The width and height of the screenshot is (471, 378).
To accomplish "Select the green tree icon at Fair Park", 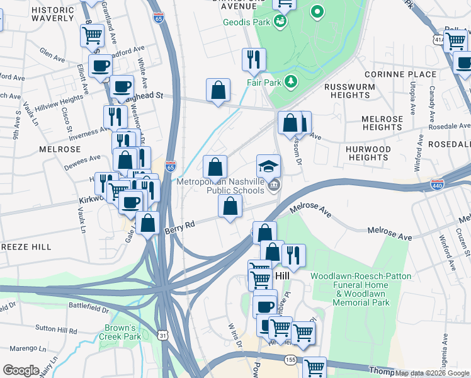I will tap(290, 81).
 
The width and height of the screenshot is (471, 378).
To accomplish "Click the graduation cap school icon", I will tap(268, 166).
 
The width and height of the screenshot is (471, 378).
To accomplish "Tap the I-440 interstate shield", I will tap(438, 184).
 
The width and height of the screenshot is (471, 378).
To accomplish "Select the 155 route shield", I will tap(290, 359).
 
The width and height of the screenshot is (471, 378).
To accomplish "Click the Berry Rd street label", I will tap(179, 224).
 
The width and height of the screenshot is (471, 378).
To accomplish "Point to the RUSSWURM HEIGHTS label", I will tap(347, 91).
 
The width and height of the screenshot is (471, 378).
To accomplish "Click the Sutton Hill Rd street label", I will tap(55, 329).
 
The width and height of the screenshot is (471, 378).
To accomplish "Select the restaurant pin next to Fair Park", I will tap(254, 60).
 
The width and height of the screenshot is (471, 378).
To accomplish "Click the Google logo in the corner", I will tap(21, 370).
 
